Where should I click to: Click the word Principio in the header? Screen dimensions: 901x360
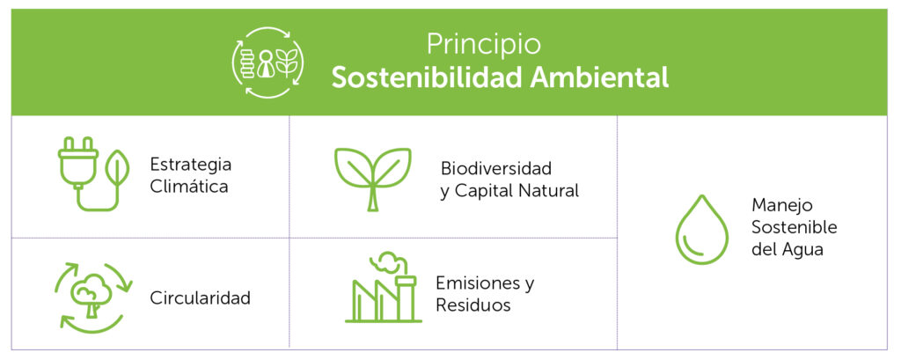(x=483, y=45)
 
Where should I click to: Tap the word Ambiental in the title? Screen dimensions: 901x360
(x=599, y=77)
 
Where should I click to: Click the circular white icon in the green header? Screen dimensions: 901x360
(x=267, y=62)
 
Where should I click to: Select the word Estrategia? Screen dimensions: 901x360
(x=191, y=165)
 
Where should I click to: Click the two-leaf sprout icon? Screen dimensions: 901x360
(x=373, y=179)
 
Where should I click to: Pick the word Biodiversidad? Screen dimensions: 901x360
(x=496, y=168)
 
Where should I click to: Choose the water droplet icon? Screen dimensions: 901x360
(x=701, y=230)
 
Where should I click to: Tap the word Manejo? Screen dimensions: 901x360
(x=774, y=205)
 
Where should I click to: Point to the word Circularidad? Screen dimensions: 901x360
(x=200, y=298)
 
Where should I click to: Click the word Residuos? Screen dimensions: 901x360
(x=472, y=305)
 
